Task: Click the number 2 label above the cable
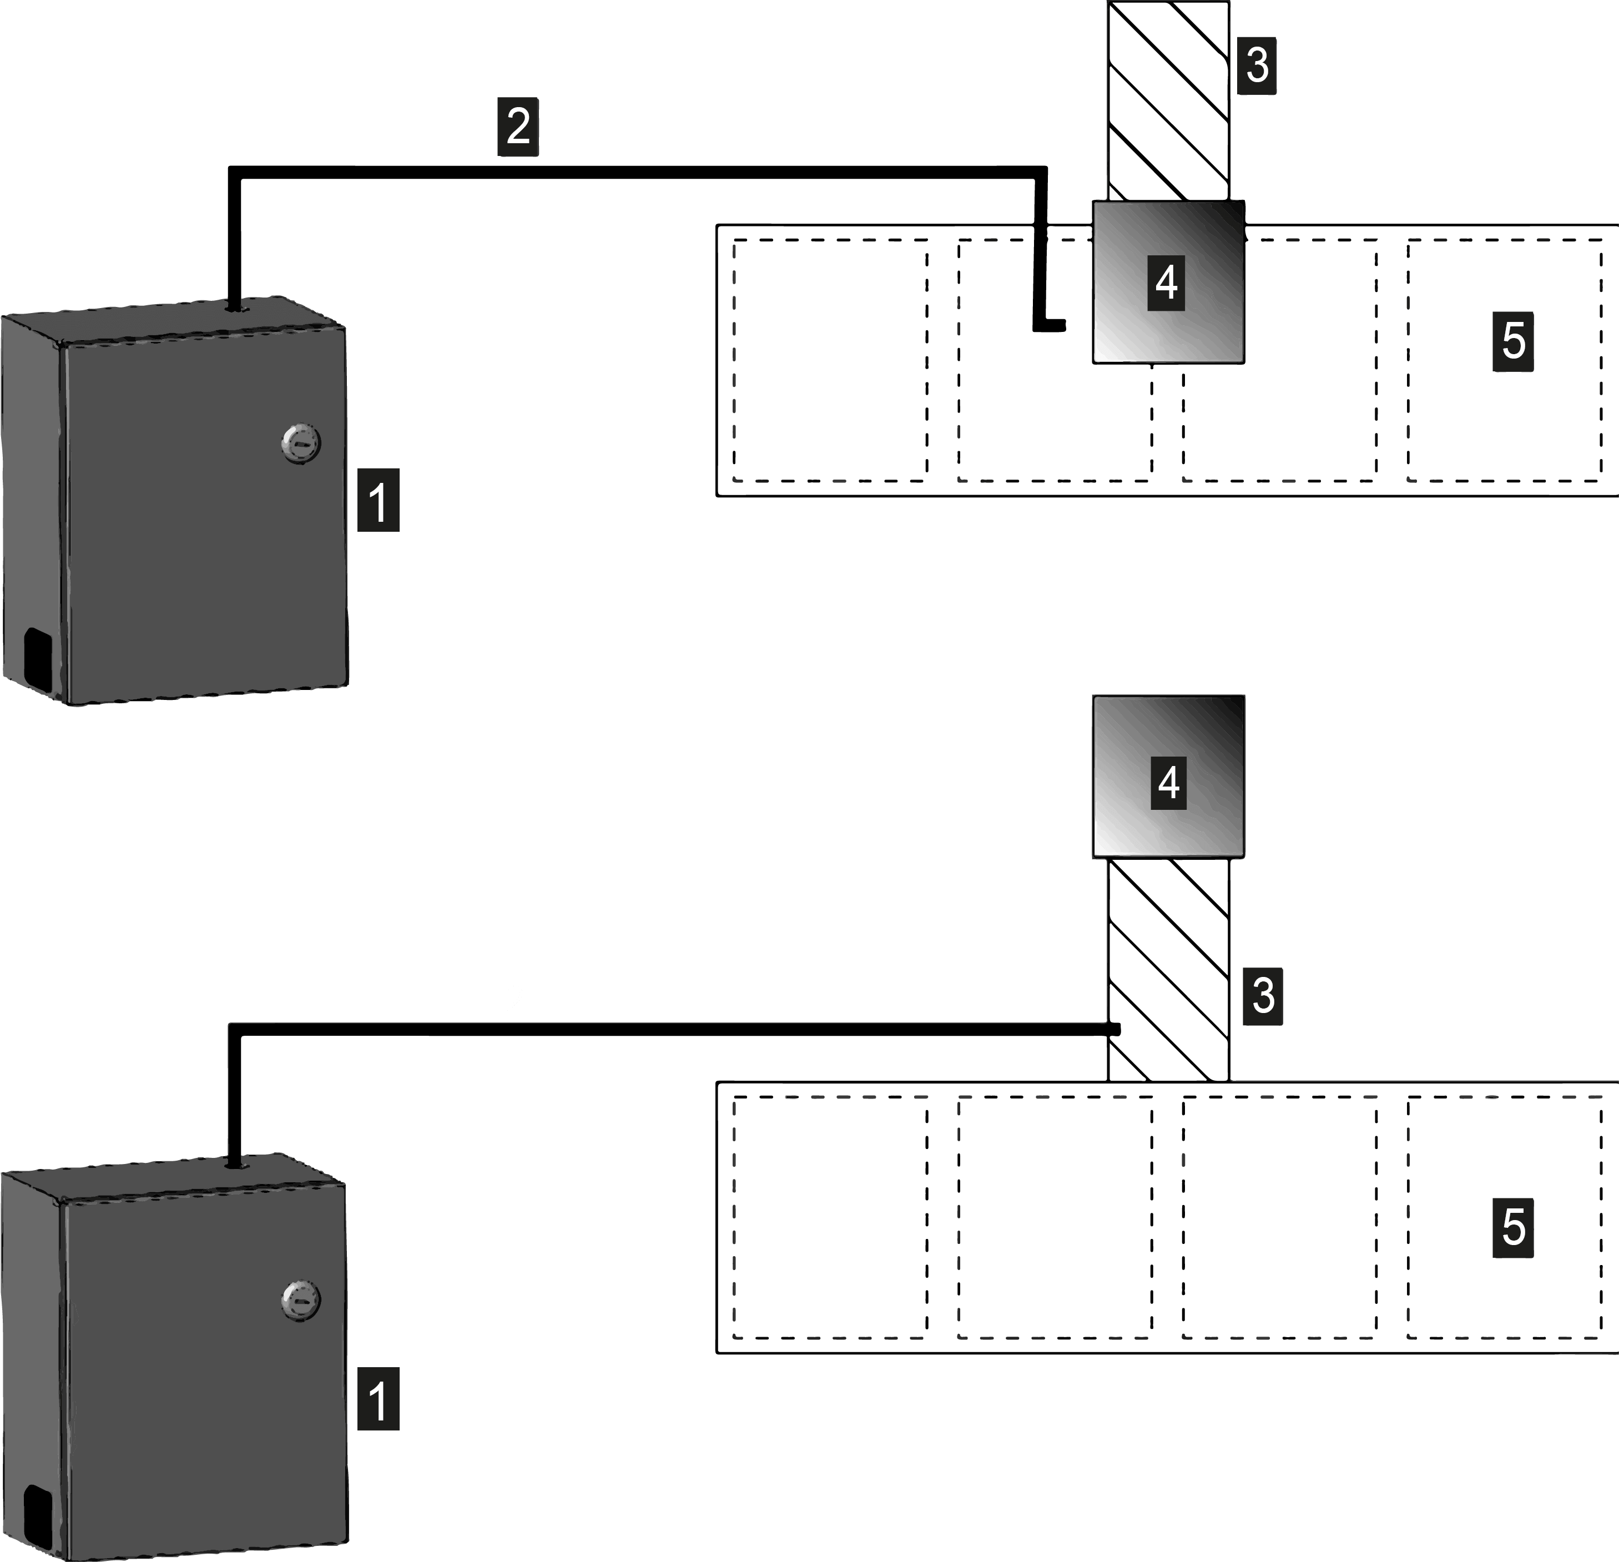pos(518,127)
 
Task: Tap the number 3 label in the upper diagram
pos(1257,64)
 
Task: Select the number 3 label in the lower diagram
pos(1263,995)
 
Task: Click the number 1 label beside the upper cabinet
pos(379,500)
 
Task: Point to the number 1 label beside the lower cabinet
pos(379,1398)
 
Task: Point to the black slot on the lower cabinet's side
pos(36,1514)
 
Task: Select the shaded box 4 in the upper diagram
pos(1168,281)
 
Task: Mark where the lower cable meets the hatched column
pos(1113,1029)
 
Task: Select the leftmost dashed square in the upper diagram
pos(830,360)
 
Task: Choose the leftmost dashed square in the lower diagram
pos(830,1217)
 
